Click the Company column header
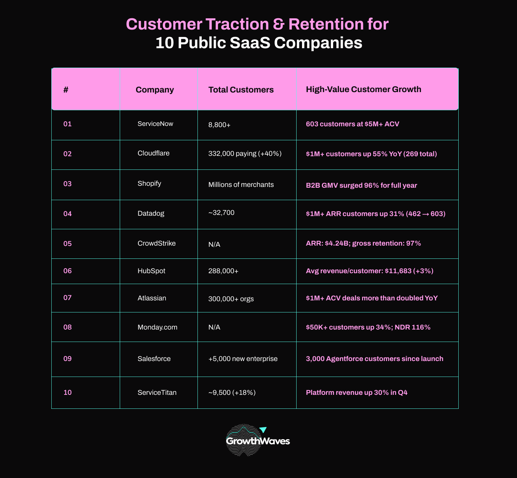[155, 90]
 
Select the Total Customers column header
[241, 90]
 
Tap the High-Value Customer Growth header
[363, 89]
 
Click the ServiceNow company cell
[155, 124]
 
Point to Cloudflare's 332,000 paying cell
[245, 154]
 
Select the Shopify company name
[149, 183]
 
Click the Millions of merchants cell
[241, 185]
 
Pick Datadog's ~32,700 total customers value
[222, 213]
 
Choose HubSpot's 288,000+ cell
[224, 271]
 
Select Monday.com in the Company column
[157, 327]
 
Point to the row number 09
[68, 359]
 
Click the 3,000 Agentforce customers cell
[374, 359]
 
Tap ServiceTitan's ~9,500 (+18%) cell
[232, 393]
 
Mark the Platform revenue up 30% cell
[356, 393]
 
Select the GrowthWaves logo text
[258, 441]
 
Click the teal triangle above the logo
[263, 429]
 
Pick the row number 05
[68, 244]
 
